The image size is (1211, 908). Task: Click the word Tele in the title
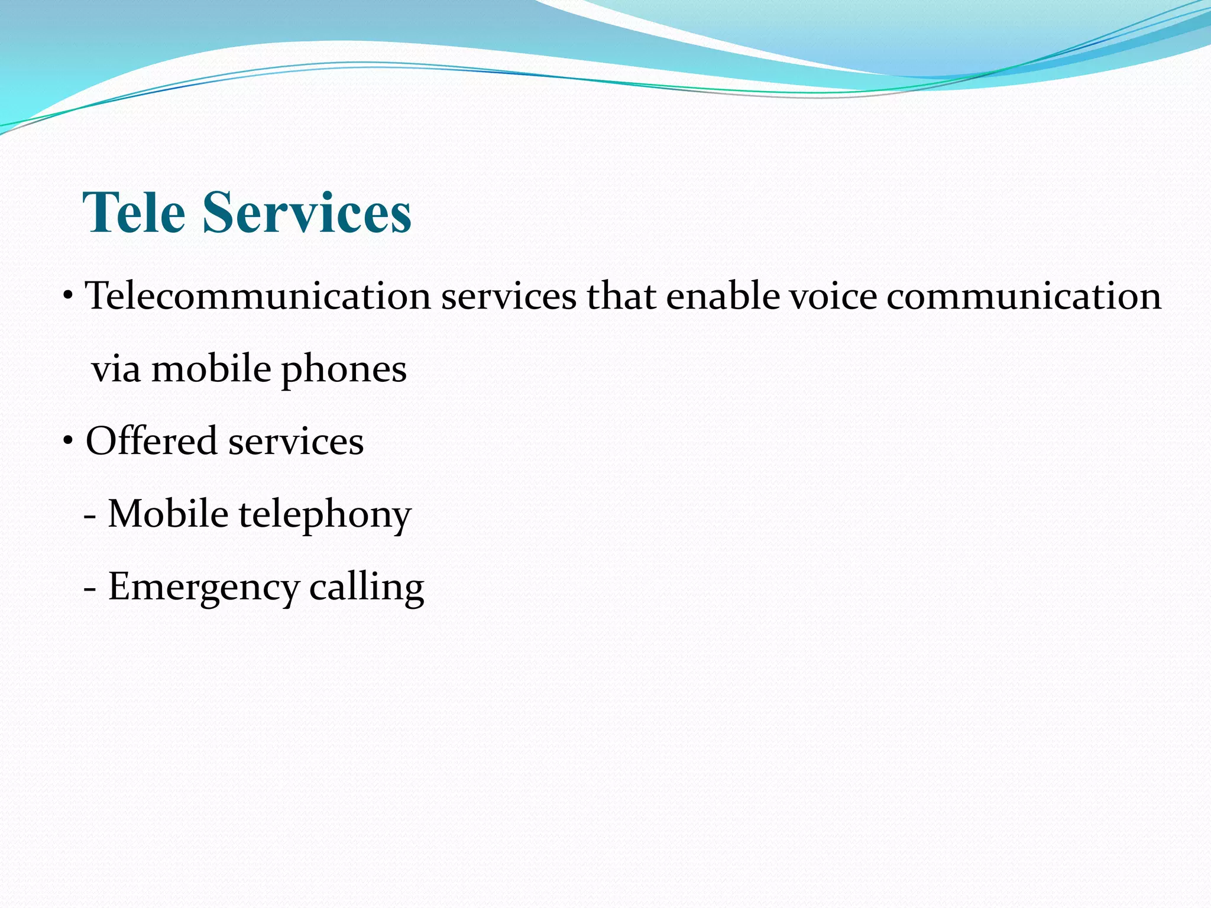pos(134,213)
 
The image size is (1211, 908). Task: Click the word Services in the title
pos(307,213)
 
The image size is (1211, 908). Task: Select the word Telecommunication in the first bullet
pos(258,296)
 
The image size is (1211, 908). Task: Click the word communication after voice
pos(1024,296)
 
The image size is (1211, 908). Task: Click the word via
pos(116,369)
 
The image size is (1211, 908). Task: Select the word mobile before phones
pos(211,369)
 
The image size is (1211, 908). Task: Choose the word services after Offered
pos(296,442)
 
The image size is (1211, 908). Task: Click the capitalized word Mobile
pos(168,513)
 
